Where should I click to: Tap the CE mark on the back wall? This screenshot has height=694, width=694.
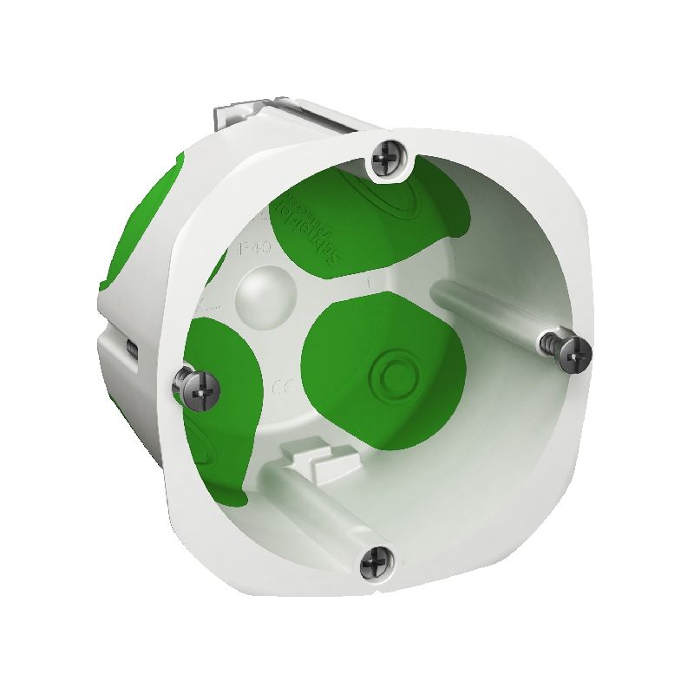click(x=285, y=387)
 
